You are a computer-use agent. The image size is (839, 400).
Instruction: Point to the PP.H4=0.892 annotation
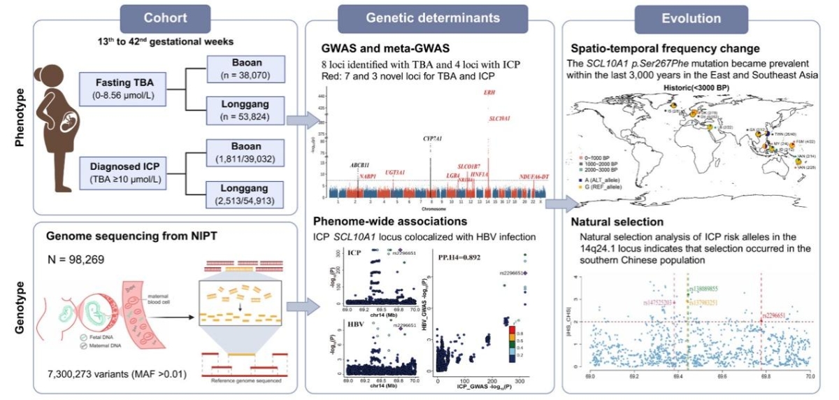click(459, 257)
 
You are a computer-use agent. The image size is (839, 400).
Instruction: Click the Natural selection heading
click(615, 222)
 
